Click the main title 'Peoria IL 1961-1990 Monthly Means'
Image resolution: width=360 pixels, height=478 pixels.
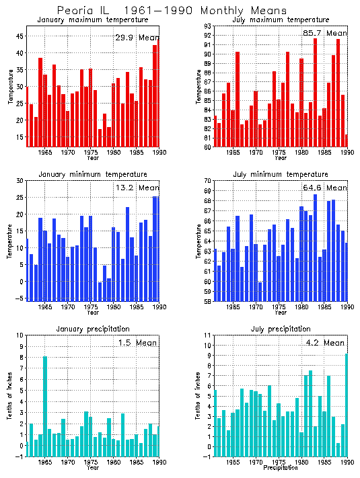point(172,11)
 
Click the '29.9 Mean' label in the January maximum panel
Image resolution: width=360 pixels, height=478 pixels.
point(136,38)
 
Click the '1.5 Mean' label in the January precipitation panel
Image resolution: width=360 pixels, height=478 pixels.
point(135,342)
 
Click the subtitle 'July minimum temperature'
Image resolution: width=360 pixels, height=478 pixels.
point(277,174)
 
